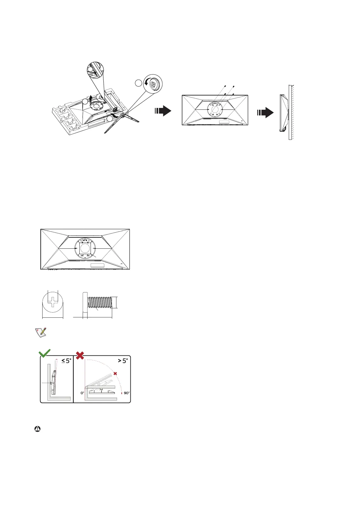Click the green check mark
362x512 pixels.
[x=45, y=354]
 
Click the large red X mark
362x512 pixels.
[x=80, y=355]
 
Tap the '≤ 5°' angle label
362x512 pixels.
[x=66, y=361]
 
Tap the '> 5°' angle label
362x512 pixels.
[x=122, y=361]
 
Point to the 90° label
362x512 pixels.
[x=126, y=393]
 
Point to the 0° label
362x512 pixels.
[x=82, y=393]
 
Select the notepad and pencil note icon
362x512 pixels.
[x=40, y=333]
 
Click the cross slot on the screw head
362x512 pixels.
[x=53, y=302]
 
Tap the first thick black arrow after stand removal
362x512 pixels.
[x=163, y=111]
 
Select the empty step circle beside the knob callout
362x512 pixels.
[x=138, y=83]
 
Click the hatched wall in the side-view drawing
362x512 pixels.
[x=291, y=112]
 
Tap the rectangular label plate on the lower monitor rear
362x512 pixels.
[x=97, y=265]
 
